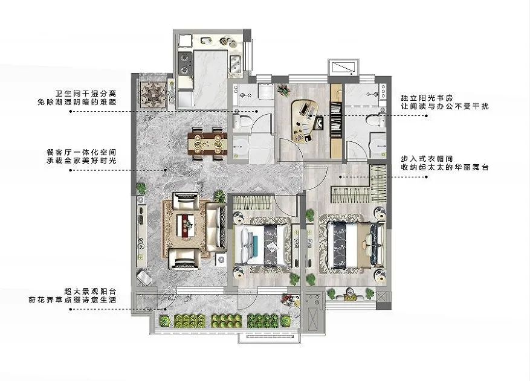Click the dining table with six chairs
tap(207, 144)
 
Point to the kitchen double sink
tap(235, 63)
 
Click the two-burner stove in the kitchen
tap(185, 63)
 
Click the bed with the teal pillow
tap(260, 245)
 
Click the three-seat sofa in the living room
tap(216, 227)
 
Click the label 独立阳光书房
tap(427, 98)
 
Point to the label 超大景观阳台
tap(90, 291)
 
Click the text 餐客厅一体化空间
tap(82, 152)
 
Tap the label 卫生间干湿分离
tap(86, 93)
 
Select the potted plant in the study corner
tap(283, 90)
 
